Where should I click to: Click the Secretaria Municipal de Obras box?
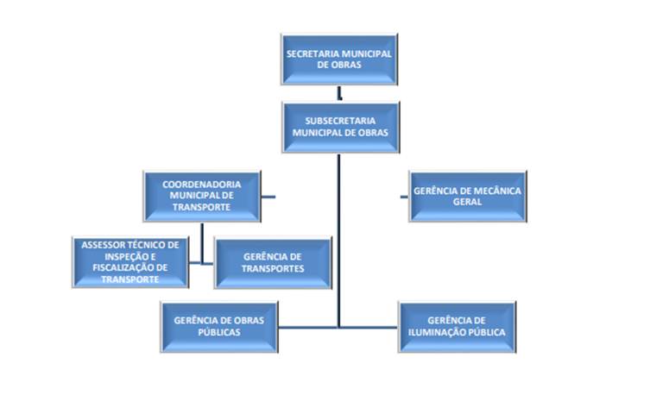pos(339,60)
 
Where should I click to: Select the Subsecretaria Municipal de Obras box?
pos(340,127)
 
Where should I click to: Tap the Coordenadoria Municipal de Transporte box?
pos(201,196)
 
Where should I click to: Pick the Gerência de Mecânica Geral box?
pos(467,196)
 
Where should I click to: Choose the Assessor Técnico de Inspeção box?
pos(130,261)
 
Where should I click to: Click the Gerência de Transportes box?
pos(273,262)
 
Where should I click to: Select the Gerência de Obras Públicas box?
pos(218,326)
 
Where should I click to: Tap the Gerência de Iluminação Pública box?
pos(457,326)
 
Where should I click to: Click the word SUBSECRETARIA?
pos(340,121)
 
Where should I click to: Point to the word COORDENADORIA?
pos(201,184)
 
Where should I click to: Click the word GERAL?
pos(466,202)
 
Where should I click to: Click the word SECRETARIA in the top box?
pos(313,53)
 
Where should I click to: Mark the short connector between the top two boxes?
pos(340,93)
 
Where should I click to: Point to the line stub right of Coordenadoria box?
pos(268,197)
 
